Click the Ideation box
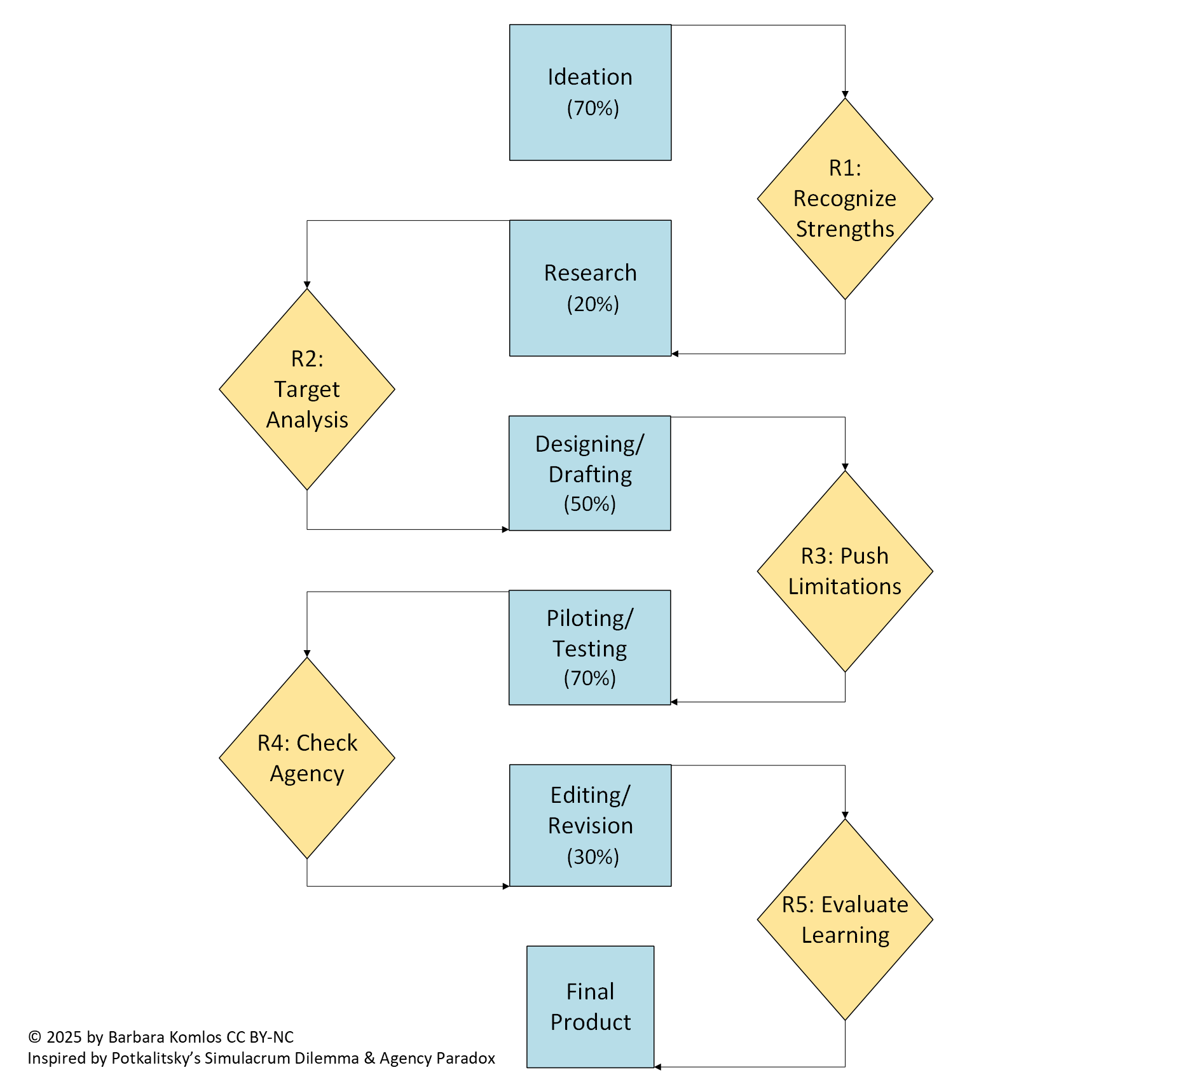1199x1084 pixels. (590, 92)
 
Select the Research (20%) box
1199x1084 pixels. (590, 288)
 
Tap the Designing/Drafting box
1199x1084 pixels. (590, 473)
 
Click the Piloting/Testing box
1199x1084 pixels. (590, 647)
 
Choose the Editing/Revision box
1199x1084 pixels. (590, 825)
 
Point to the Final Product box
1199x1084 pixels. (590, 1006)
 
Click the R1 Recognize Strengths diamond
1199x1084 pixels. (845, 198)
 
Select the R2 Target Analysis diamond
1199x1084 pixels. (307, 389)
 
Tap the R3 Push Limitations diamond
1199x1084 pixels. (845, 571)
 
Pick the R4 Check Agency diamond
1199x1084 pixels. (307, 758)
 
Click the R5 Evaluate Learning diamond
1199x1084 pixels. (845, 919)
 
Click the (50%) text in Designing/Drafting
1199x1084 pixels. (590, 504)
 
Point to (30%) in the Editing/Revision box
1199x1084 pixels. (593, 856)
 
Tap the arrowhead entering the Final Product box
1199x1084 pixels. (658, 1067)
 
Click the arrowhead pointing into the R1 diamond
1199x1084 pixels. (845, 94)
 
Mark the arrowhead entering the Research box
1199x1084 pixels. (675, 354)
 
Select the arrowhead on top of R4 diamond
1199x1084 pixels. (307, 653)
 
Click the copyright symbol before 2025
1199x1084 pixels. (34, 1037)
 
